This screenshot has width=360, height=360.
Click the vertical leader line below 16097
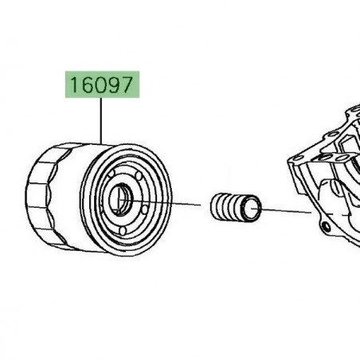pos(102,119)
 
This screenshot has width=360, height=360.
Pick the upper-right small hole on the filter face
pos(137,177)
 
